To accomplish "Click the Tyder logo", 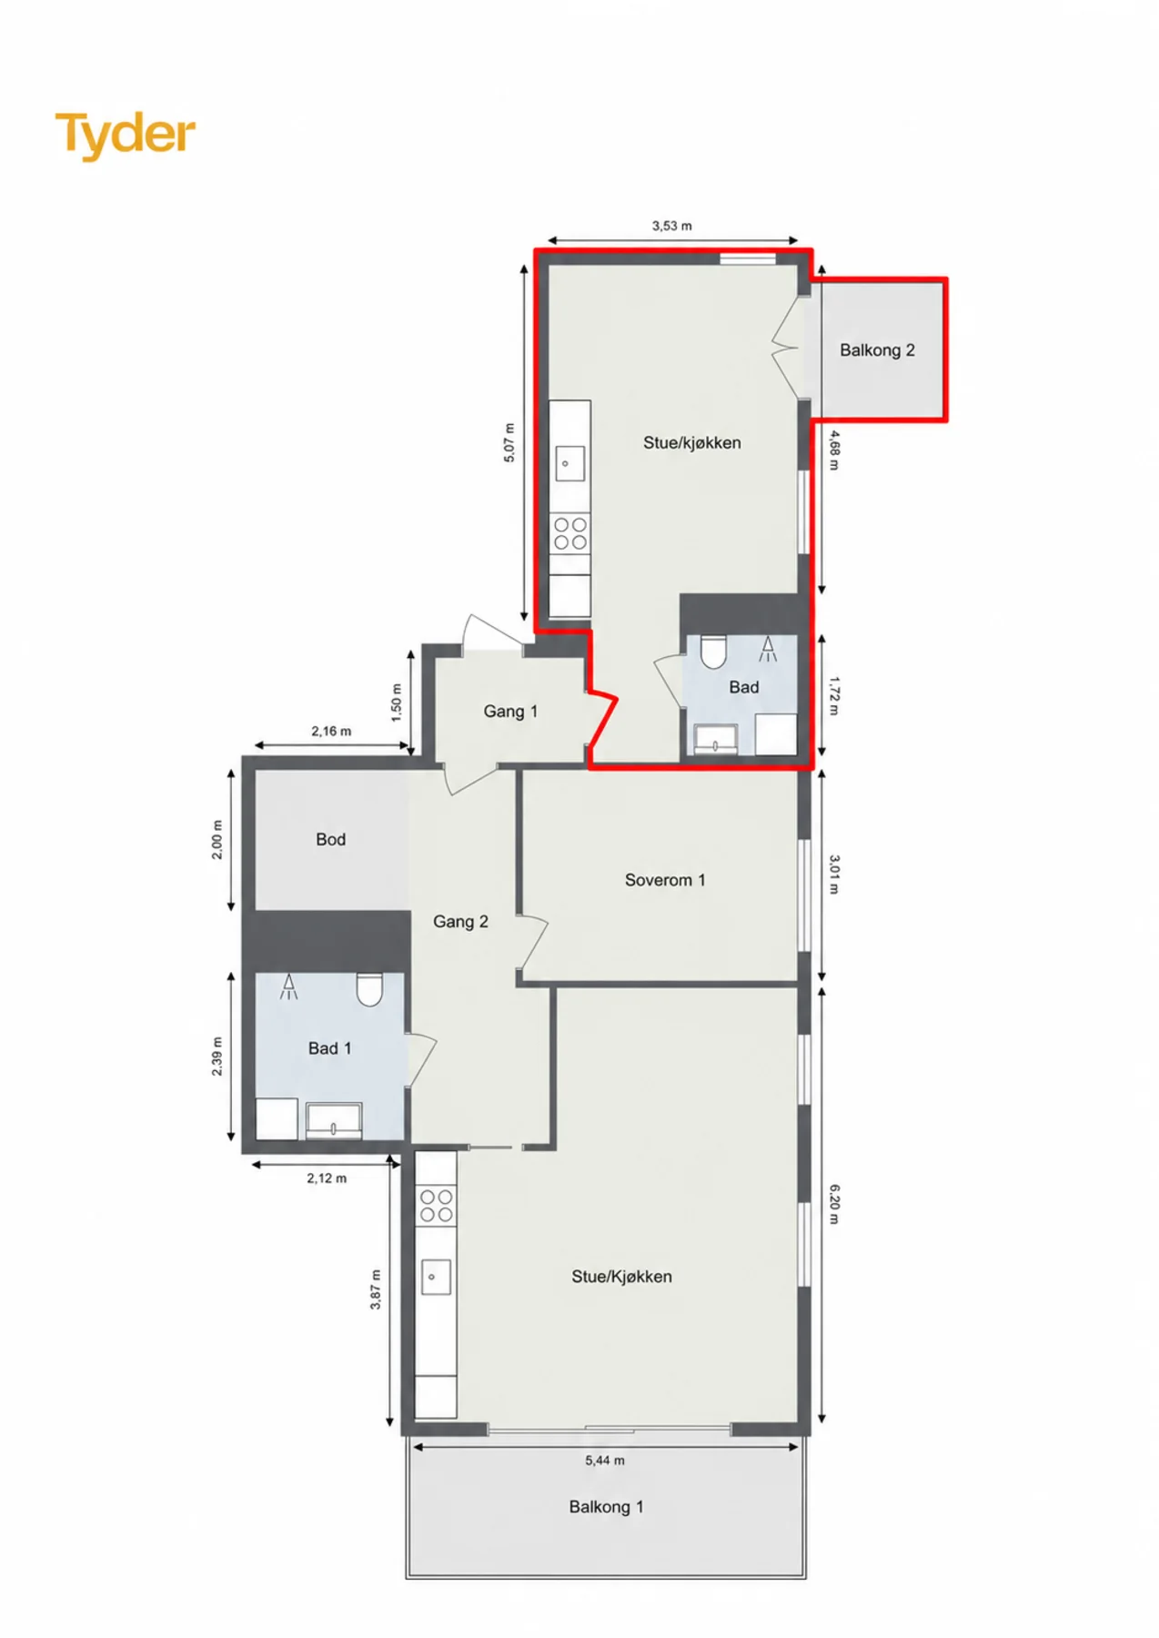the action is tap(126, 136).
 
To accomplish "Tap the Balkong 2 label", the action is tap(877, 350).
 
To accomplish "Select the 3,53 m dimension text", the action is tap(671, 226).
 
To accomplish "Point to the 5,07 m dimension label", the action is tap(509, 442).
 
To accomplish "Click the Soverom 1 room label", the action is tap(665, 880).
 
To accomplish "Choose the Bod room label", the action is tap(330, 839).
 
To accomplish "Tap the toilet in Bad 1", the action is tap(369, 989).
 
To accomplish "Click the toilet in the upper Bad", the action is tap(712, 651).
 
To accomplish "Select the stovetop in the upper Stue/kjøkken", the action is tap(570, 532).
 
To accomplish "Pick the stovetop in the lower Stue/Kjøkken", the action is tap(436, 1206).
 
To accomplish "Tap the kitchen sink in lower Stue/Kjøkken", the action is tap(432, 1277).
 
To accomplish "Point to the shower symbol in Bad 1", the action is tap(288, 986).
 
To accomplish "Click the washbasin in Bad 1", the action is tap(334, 1120).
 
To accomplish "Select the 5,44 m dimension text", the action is tap(604, 1461).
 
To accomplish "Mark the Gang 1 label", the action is tap(510, 712).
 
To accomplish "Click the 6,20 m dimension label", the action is tap(835, 1204).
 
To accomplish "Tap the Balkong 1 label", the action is tap(606, 1507).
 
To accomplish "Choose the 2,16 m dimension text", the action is tap(331, 731).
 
